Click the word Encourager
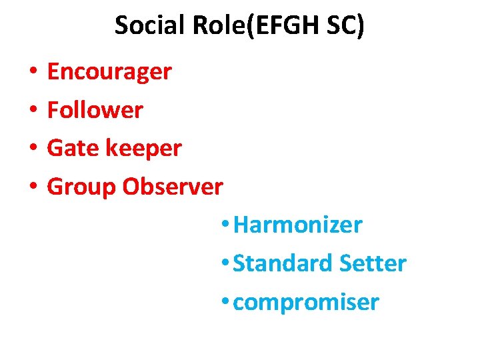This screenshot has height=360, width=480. tap(109, 71)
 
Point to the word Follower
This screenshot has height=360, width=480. tap(95, 110)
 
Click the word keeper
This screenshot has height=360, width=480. tap(145, 148)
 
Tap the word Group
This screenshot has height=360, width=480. tap(81, 187)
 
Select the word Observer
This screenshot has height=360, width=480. tap(173, 187)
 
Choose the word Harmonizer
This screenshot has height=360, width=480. tap(298, 225)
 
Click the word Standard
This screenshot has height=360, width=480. tap(283, 263)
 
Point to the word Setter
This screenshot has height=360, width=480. tap(373, 263)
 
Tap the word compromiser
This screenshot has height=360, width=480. tap(307, 303)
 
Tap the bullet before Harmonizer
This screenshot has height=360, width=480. tap(226, 225)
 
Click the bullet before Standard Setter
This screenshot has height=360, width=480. tap(226, 264)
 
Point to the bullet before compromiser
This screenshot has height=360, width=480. tap(226, 303)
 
